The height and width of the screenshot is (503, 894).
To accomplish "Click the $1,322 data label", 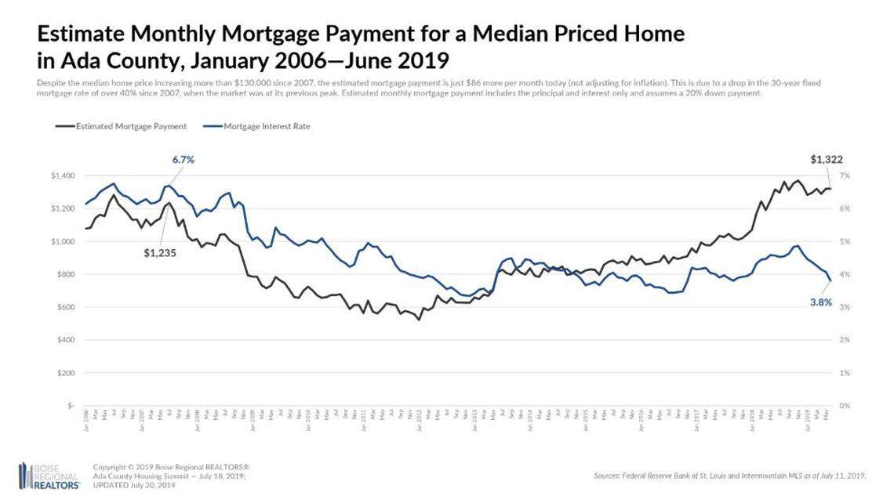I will click(827, 160).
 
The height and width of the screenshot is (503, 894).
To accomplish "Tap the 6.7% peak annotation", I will click(183, 160).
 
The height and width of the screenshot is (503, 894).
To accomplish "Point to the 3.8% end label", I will click(821, 302).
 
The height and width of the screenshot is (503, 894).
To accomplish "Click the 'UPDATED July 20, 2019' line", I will click(134, 486).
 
